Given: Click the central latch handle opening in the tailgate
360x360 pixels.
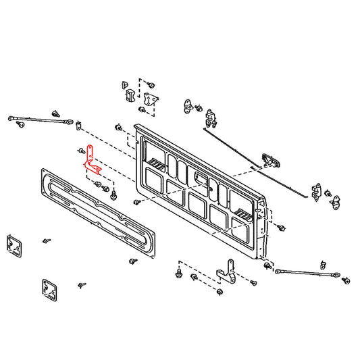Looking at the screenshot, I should click(x=201, y=177).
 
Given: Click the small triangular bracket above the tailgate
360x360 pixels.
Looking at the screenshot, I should click(x=151, y=97).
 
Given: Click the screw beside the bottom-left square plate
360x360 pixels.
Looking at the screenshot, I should click(x=82, y=286).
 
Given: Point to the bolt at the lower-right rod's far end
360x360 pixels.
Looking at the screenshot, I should click(x=346, y=279).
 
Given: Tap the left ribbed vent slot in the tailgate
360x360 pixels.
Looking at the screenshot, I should click(x=157, y=163).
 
